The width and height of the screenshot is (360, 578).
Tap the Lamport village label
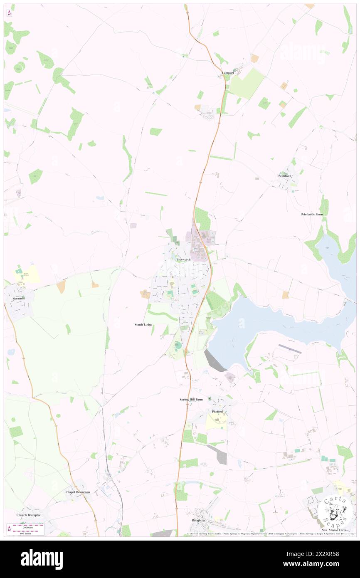228,73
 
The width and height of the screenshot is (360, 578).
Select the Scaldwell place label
285,176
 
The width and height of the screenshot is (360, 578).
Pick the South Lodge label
143,324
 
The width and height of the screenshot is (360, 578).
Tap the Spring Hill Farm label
191,400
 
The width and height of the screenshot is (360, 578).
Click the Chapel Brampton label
78,492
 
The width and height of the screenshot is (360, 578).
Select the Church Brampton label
29,515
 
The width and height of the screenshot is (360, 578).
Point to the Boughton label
198,520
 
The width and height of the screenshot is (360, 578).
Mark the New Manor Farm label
333,530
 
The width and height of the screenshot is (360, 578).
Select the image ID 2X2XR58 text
331,554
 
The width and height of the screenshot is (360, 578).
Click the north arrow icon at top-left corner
9,13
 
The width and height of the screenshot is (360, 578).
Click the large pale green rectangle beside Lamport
247,83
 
